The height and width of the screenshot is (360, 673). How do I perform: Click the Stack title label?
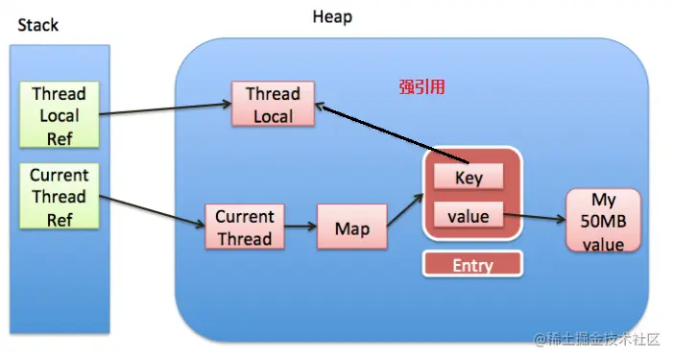(39, 24)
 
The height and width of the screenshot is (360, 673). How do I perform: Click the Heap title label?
(332, 16)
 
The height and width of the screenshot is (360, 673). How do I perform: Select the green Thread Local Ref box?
(59, 115)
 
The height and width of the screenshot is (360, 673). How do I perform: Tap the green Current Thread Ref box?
(59, 197)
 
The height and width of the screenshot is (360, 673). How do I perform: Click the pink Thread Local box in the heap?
(274, 105)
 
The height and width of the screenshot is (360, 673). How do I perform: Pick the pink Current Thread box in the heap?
(244, 228)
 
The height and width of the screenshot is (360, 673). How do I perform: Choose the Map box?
(351, 229)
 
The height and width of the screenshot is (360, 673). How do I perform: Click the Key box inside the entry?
(469, 178)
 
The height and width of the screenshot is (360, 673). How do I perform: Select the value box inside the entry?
(469, 216)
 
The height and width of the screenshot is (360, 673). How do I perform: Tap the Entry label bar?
(471, 264)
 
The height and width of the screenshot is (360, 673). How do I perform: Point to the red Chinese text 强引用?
(421, 86)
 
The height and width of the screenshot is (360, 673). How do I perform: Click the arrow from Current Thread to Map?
(300, 228)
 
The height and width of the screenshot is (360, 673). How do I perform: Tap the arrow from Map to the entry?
(404, 210)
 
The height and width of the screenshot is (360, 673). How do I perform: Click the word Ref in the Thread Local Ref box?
(59, 137)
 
